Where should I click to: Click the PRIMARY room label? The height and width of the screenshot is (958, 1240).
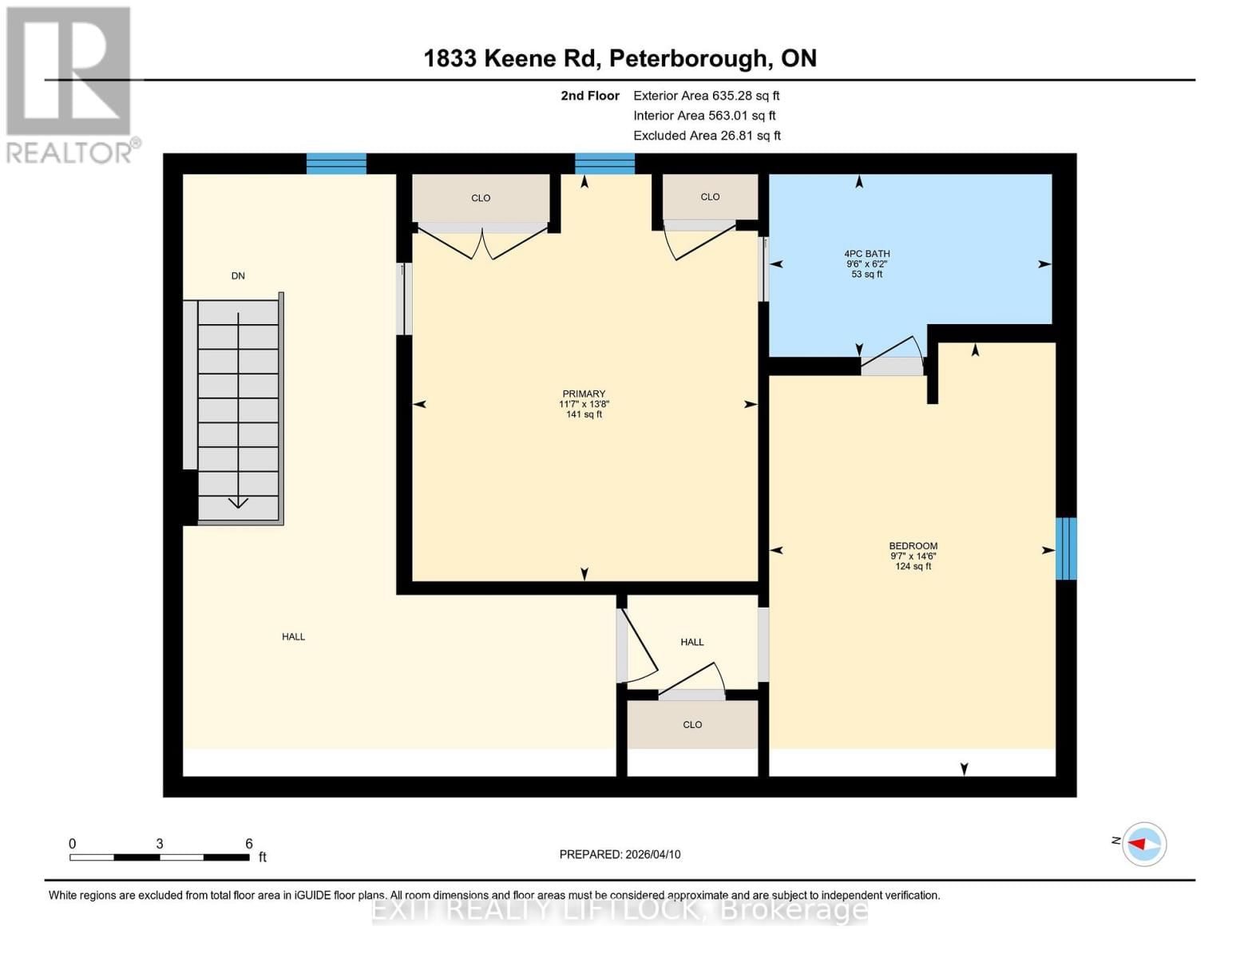click(x=584, y=403)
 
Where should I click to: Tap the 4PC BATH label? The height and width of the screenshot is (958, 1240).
click(x=866, y=263)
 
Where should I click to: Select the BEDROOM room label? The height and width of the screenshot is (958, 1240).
click(x=913, y=556)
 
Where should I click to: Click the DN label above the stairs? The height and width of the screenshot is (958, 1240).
click(x=238, y=276)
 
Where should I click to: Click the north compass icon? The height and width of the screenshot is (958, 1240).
click(x=1143, y=844)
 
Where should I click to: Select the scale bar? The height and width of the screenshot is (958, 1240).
click(x=160, y=857)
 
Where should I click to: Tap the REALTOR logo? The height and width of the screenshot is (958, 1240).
click(x=69, y=84)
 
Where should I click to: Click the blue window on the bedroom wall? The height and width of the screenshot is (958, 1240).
click(x=1066, y=548)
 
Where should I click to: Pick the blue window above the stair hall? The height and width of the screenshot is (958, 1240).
click(x=336, y=164)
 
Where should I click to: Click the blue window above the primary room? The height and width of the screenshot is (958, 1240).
click(x=604, y=164)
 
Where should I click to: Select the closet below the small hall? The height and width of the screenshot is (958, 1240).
click(x=692, y=725)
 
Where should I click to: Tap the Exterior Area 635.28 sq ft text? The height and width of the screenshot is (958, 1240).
click(x=706, y=96)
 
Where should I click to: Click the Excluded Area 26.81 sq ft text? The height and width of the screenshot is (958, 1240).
click(x=707, y=136)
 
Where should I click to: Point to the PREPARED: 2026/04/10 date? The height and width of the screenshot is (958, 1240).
click(x=620, y=854)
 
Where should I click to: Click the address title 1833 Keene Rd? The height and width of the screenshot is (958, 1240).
click(x=620, y=58)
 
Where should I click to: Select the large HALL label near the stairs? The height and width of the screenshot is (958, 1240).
click(x=293, y=637)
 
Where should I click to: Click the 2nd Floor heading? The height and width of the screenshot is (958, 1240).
click(x=590, y=96)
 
